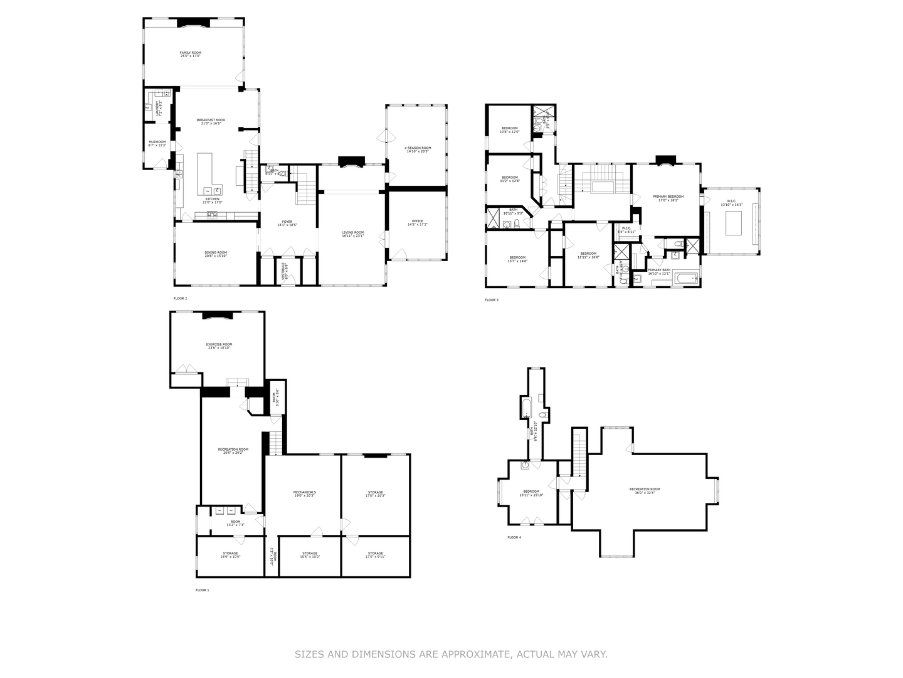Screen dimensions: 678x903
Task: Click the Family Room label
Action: pos(191,55)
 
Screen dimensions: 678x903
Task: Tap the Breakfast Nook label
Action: pos(211,122)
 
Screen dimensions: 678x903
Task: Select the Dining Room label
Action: pos(216,254)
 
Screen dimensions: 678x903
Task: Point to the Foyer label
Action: pos(287,223)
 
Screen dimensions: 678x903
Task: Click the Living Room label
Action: pos(352,234)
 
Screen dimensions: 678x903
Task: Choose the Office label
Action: pos(417,223)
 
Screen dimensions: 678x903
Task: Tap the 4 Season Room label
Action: pos(418,149)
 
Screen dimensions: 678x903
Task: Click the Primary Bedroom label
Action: pos(668,198)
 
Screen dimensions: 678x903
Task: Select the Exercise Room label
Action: pos(219,346)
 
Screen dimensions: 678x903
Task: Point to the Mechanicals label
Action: pos(304,493)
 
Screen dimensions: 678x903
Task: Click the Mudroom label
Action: pos(157,143)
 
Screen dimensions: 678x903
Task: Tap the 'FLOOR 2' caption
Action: pos(180,298)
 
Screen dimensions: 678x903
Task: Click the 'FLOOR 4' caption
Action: pos(514,537)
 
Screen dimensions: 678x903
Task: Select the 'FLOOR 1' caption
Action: pos(203,590)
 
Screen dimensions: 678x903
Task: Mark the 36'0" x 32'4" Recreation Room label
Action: pos(645,491)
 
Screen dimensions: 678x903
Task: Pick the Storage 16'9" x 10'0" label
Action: pos(229,555)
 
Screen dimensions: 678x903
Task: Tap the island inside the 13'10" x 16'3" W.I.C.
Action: pos(734,223)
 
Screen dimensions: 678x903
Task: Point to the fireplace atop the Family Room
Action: pos(193,23)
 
